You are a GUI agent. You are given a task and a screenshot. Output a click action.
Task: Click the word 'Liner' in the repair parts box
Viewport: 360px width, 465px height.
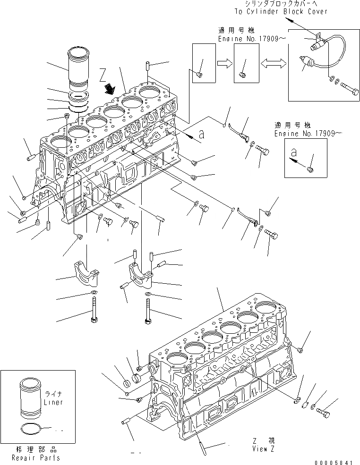53,402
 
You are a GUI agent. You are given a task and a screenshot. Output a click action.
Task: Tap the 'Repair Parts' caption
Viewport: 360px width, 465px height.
36,457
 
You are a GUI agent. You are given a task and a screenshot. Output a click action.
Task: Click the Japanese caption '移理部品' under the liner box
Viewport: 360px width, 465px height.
36,450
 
